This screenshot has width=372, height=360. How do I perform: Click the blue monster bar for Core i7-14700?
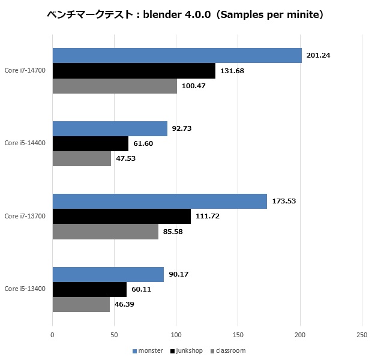point(177,55)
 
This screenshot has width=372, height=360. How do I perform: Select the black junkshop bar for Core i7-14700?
point(134,71)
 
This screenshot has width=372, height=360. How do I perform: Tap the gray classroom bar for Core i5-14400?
point(82,158)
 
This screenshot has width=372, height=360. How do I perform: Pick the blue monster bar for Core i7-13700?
point(160,201)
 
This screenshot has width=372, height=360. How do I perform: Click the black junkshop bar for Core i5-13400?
point(90,289)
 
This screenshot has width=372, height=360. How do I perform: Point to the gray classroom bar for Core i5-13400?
point(82,304)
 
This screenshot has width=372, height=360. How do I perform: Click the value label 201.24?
point(318,55)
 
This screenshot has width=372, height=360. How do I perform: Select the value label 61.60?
point(145,144)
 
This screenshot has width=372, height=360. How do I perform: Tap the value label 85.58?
point(175,232)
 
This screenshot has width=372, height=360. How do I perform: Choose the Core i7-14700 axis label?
point(25,71)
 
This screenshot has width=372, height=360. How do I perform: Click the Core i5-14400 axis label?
point(25,143)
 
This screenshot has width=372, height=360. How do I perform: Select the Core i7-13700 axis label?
point(25,216)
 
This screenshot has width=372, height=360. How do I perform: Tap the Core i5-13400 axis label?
point(25,289)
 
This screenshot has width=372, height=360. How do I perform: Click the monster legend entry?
point(148,350)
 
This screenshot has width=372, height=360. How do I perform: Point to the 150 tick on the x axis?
point(238,334)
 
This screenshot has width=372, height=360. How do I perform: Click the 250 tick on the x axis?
point(361,334)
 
